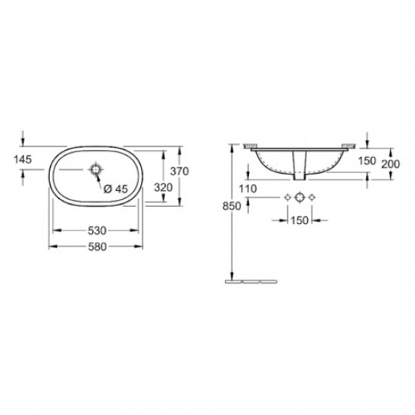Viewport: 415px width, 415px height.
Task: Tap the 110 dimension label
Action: [248, 188]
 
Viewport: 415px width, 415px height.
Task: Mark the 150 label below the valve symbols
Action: [300, 220]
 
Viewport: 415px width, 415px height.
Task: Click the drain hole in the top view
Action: [96, 170]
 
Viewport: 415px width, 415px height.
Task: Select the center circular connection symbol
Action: [300, 198]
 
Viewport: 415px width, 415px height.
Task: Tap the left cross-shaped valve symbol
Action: [287, 198]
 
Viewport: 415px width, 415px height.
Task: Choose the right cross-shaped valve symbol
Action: [312, 198]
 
